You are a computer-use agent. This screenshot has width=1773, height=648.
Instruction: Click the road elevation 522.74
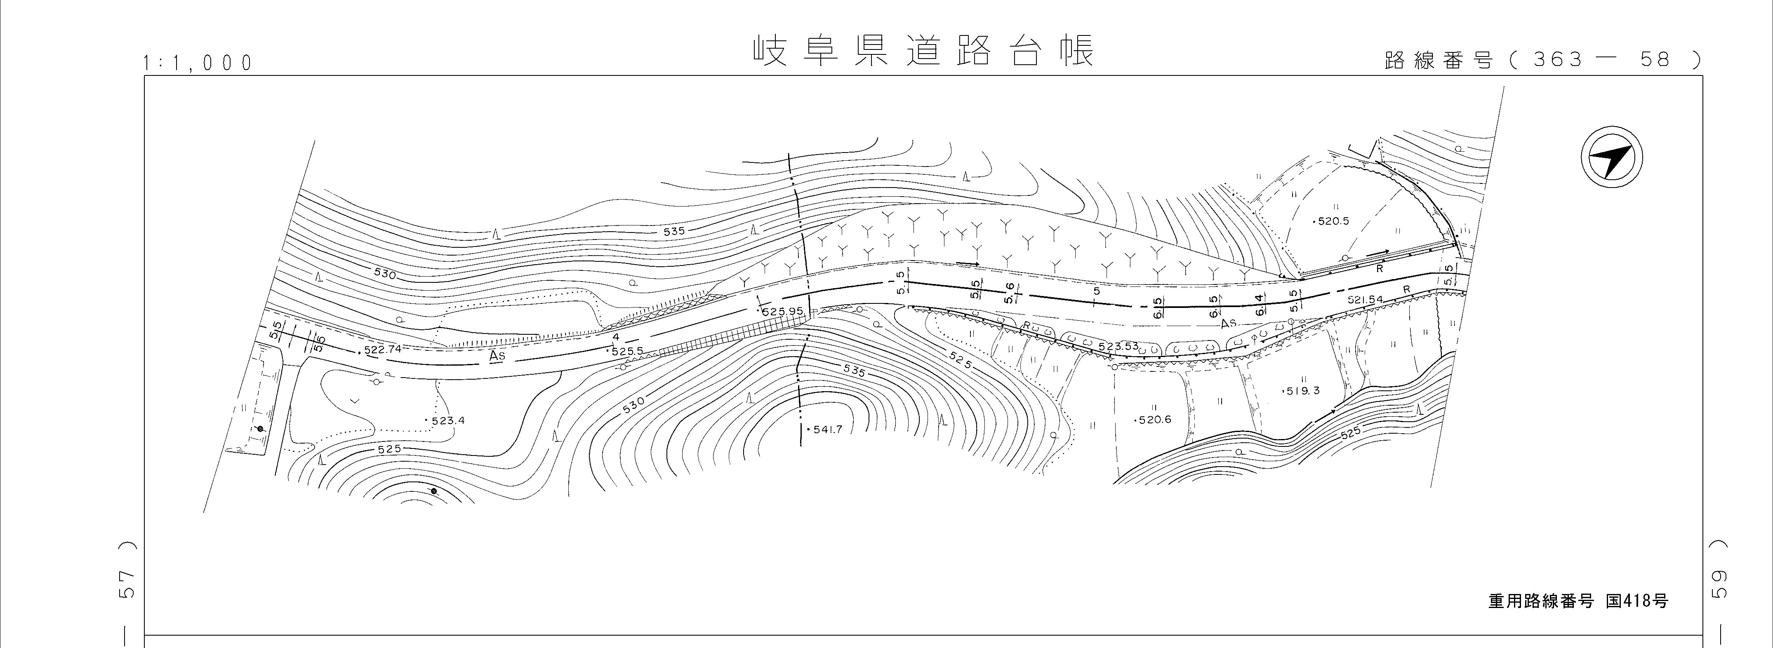(382, 350)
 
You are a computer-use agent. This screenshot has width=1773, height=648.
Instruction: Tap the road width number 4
(616, 337)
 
